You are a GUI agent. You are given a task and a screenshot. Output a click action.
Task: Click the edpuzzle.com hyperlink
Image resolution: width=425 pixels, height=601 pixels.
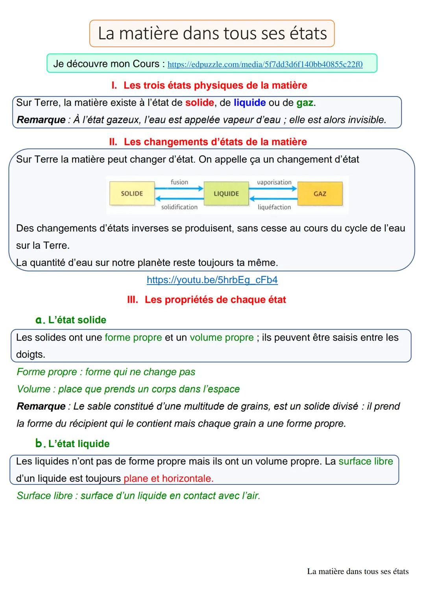265,64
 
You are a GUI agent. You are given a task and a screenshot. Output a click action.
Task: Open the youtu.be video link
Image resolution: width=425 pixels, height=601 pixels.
212,280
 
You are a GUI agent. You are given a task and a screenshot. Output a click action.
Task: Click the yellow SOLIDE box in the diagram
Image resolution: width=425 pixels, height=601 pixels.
132,194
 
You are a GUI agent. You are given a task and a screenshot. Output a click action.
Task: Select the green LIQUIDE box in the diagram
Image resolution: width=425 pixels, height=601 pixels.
226,194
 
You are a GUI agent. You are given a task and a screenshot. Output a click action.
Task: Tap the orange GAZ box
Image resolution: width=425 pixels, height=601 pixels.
320,194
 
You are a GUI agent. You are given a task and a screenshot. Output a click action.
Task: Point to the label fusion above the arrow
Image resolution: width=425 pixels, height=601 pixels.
179,182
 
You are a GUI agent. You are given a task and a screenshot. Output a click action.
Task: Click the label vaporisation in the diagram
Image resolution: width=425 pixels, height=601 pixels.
274,182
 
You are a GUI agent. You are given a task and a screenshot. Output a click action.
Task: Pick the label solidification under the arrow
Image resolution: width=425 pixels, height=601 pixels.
179,207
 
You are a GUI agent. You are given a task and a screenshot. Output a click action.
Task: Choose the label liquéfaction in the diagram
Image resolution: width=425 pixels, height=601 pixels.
274,207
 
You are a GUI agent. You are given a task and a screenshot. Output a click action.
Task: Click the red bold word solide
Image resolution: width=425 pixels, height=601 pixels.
200,103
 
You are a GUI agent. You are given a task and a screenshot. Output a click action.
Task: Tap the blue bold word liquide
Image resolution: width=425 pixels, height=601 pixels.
249,103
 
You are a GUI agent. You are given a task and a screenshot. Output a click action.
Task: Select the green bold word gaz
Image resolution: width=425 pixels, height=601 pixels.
305,103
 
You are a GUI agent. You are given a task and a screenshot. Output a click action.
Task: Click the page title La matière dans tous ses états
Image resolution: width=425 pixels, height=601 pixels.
212,33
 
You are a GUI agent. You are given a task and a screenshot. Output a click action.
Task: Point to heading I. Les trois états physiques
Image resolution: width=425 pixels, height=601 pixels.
209,85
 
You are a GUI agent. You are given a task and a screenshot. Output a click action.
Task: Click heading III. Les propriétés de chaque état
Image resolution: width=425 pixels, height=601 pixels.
207,300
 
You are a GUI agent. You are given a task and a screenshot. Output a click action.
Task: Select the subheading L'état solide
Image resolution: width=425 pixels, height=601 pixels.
77,320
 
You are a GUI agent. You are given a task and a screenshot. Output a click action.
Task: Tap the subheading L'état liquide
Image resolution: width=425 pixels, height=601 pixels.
78,444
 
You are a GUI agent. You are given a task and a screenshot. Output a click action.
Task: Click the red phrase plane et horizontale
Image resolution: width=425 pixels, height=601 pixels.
168,479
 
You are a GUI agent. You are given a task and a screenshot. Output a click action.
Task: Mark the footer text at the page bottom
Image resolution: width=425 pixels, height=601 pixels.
357,571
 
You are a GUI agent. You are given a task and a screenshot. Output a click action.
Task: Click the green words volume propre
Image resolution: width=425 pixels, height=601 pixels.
222,338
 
